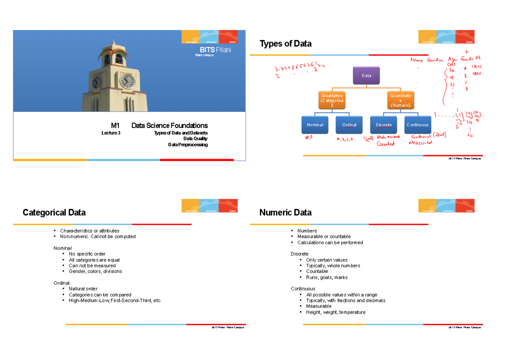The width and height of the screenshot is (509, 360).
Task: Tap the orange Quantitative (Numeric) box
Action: [400, 100]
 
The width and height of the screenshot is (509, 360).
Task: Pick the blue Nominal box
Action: [315, 125]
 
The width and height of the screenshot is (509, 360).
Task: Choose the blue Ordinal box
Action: [350, 125]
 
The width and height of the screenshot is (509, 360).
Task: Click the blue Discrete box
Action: [383, 125]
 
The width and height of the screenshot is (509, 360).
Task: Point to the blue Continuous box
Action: [417, 125]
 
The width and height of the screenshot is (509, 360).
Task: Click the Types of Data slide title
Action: [285, 44]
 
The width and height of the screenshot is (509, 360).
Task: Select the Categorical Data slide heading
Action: [54, 212]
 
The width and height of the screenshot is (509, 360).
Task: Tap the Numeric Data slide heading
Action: [285, 212]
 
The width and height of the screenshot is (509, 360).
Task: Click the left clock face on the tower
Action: [97, 82]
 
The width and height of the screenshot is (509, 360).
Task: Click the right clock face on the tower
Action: [127, 81]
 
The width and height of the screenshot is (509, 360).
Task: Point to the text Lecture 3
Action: [111, 133]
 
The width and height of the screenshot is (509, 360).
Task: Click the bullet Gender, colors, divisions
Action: [95, 271]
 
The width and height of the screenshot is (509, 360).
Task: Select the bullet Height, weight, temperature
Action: [335, 312]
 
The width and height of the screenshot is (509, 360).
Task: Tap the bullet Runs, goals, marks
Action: [327, 277]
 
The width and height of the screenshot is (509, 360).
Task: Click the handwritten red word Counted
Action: [386, 143]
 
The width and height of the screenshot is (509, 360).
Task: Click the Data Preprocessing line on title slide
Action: [188, 145]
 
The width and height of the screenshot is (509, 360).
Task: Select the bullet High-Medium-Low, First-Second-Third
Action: [115, 301]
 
